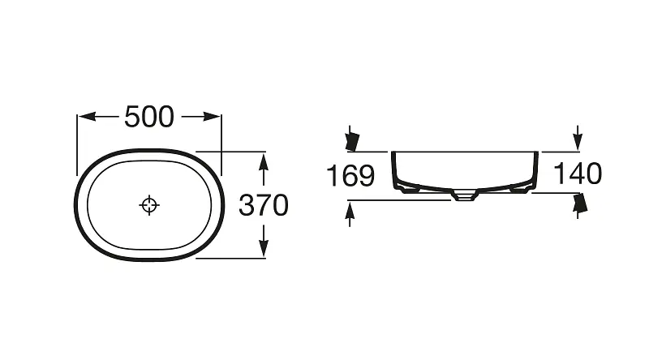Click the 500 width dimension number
[149, 117]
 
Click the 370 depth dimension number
[263, 205]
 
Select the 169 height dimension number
[350, 175]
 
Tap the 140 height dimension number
[578, 174]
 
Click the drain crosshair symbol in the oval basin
[149, 205]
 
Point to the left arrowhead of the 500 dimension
[87, 117]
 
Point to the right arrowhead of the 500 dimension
[211, 117]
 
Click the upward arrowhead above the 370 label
[263, 161]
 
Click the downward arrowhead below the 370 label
[263, 248]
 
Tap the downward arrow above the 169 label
[351, 138]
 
